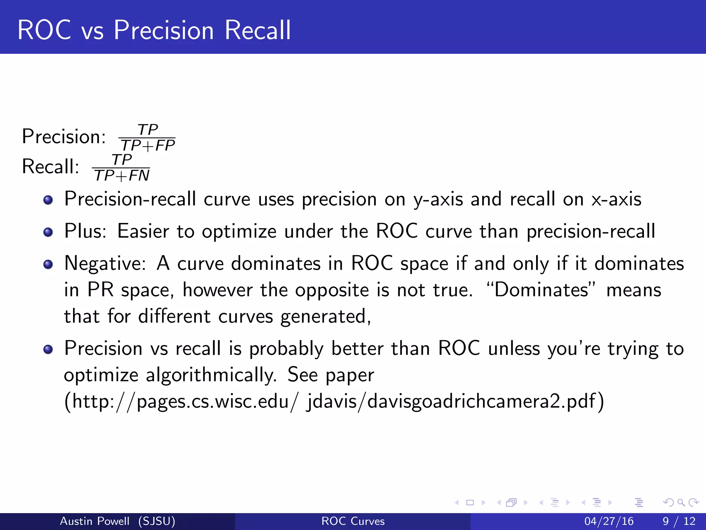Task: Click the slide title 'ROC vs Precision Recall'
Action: (154, 30)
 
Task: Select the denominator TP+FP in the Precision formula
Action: (148, 146)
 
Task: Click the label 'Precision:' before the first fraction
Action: (64, 137)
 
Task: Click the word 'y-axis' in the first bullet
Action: (438, 199)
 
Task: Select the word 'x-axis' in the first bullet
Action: (616, 199)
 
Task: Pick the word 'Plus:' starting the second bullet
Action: (85, 231)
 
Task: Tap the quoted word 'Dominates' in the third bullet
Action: (541, 290)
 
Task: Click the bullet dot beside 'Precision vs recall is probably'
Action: (48, 350)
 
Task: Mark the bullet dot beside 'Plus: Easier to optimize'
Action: (48, 232)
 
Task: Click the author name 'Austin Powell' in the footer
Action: (95, 521)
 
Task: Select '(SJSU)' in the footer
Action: (157, 521)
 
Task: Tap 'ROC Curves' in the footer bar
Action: (353, 521)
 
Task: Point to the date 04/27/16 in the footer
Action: (609, 521)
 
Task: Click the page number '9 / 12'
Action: (679, 521)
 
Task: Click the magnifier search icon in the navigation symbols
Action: (681, 503)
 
